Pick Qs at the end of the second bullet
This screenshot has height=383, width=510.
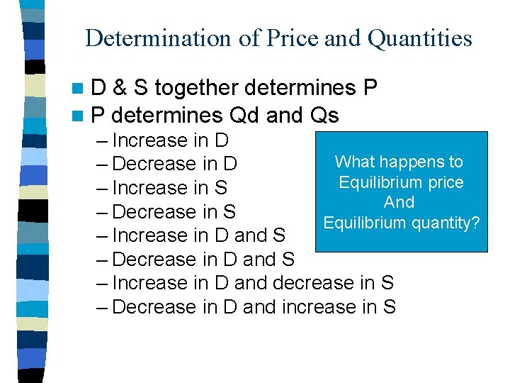pos(324,114)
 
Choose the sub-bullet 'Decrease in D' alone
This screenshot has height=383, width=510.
pos(174,164)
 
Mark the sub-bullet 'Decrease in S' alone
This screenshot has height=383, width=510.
pos(174,211)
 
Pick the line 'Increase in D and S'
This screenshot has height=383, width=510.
pos(199,235)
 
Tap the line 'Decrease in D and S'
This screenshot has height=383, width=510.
pos(203,259)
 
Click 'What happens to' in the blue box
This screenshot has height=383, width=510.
pos(399,162)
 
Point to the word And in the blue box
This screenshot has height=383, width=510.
pos(399,202)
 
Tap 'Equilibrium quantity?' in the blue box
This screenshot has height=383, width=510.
pos(402,223)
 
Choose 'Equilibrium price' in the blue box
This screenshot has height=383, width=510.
pos(401,182)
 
